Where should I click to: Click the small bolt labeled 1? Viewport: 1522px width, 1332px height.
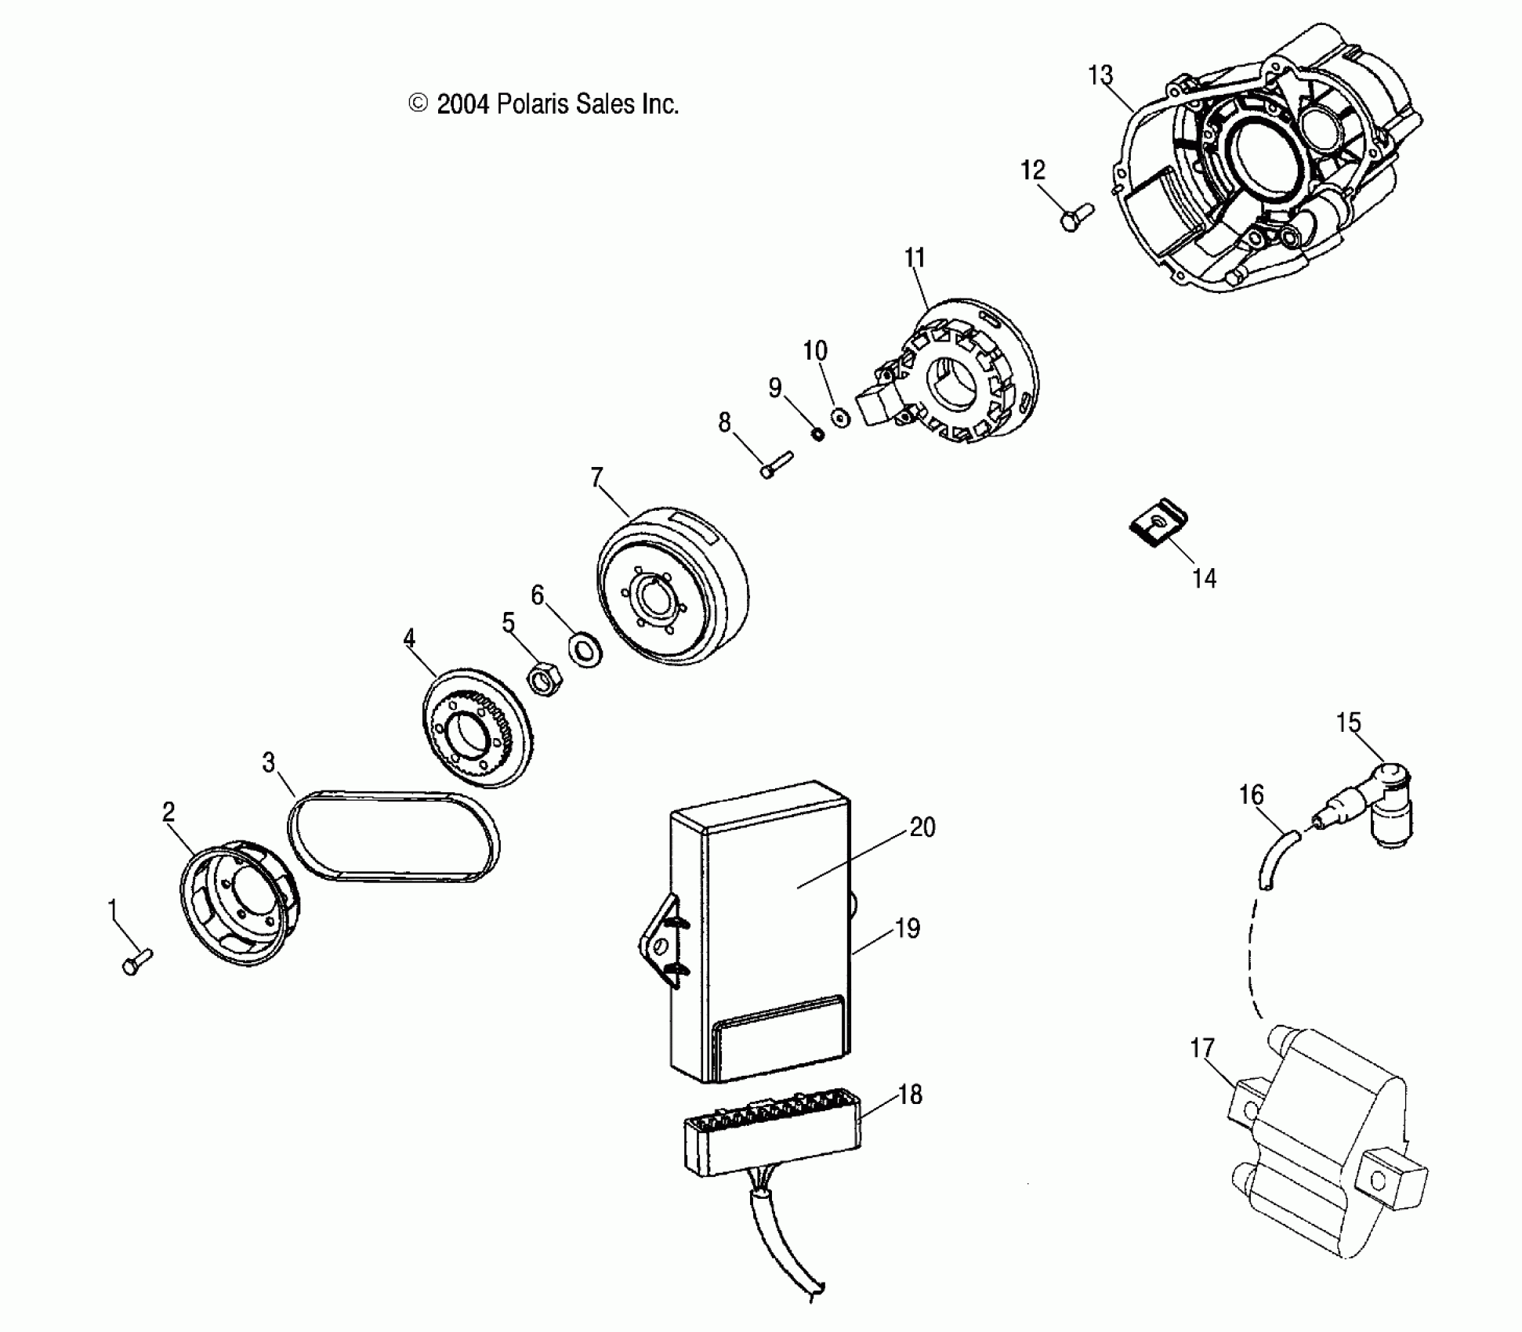pyautogui.click(x=136, y=961)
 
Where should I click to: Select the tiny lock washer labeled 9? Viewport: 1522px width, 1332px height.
pyautogui.click(x=817, y=433)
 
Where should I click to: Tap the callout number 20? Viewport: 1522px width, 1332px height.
pyautogui.click(x=922, y=828)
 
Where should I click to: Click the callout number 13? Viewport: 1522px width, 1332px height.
pyautogui.click(x=1100, y=76)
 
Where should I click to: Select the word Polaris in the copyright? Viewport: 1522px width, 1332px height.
pyautogui.click(x=532, y=104)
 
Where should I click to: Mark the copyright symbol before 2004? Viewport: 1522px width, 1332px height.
pyautogui.click(x=419, y=104)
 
